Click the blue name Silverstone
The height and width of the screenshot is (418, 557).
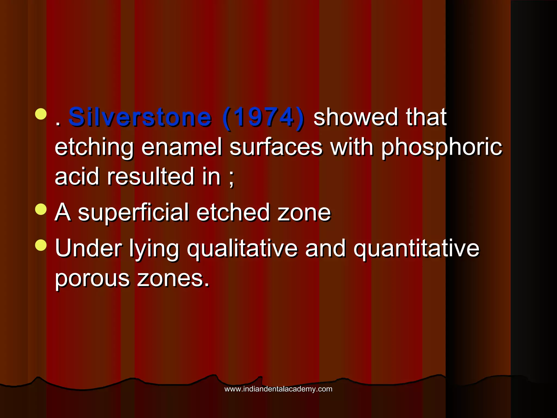[140, 118]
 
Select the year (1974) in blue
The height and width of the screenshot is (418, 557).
[263, 118]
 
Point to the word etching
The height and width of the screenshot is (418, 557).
[94, 148]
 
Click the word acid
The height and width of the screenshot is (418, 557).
[77, 177]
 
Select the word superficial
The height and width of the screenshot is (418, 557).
[133, 213]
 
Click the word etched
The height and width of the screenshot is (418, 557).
[233, 213]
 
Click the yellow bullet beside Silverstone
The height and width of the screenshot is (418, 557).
[41, 114]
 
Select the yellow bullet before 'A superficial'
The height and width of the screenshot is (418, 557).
[41, 209]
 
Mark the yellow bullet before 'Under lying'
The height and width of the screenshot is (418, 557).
[41, 245]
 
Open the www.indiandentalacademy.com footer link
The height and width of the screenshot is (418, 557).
[278, 389]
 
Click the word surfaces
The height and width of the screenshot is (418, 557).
[276, 147]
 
